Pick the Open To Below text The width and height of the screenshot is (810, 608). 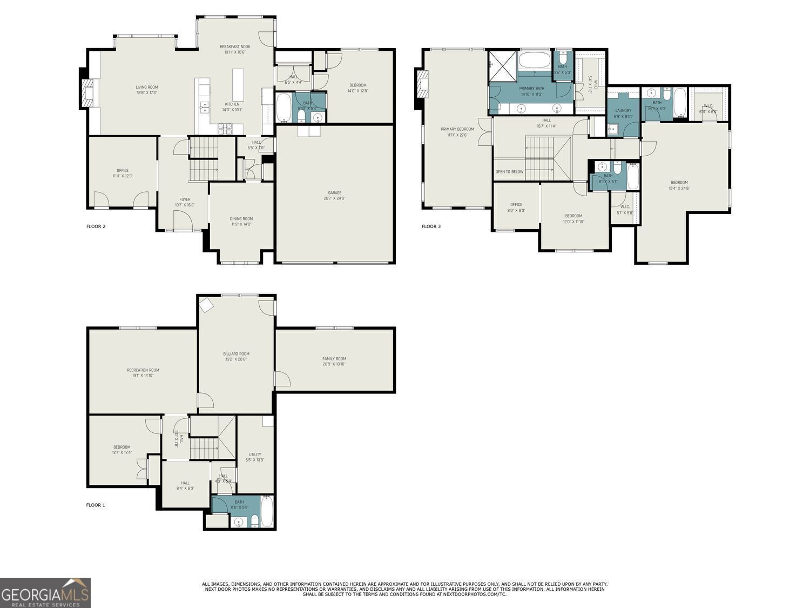[509, 172]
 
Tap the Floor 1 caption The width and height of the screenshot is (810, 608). [96, 505]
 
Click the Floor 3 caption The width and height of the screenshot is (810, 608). [431, 226]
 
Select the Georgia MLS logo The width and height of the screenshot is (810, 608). [45, 593]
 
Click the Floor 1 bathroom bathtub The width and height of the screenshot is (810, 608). [267, 512]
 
